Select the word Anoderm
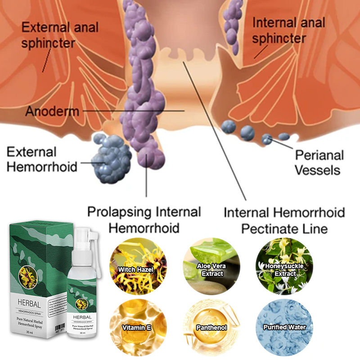[52, 111]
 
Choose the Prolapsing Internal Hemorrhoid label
[144, 219]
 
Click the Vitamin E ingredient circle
[136, 327]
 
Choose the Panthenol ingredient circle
[211, 327]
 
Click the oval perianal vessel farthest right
[284, 136]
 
